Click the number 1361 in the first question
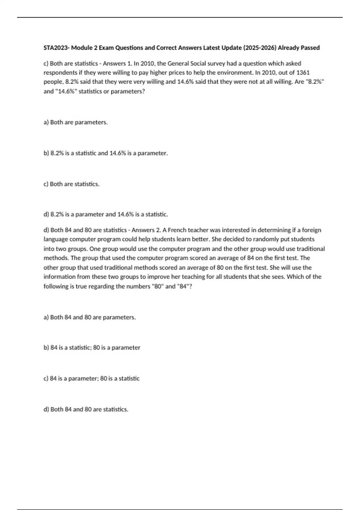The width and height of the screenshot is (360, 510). point(303,73)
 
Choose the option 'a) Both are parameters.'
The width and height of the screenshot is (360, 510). point(76,122)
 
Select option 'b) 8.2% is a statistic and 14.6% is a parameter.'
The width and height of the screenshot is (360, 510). point(106,153)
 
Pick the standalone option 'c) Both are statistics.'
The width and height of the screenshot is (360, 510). point(71,184)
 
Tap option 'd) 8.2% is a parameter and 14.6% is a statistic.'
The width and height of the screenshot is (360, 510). point(106,214)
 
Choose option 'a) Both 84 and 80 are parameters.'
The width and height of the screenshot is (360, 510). point(90,317)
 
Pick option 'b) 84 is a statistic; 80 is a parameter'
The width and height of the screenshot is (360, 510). point(92,348)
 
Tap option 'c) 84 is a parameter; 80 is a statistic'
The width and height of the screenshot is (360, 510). point(91,379)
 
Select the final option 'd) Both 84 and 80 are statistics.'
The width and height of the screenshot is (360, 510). point(86,409)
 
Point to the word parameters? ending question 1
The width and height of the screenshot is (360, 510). point(128,91)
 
